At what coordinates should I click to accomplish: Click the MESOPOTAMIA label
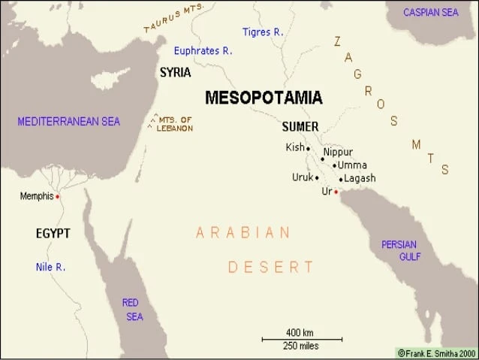(264, 98)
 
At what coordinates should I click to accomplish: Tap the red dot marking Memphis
(58, 197)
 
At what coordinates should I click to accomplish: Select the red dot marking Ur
(336, 192)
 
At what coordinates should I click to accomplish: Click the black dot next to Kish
(308, 149)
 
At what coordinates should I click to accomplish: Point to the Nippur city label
(338, 152)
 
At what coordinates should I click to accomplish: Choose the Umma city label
(351, 165)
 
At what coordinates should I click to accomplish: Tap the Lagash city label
(360, 178)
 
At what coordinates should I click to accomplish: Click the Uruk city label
(302, 177)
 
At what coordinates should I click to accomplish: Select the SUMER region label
(300, 126)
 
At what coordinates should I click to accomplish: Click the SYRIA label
(175, 73)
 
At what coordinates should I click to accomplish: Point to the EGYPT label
(53, 234)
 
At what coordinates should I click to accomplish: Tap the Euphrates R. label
(203, 51)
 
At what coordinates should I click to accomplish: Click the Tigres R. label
(263, 32)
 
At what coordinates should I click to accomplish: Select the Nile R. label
(50, 267)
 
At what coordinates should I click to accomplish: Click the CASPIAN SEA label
(430, 12)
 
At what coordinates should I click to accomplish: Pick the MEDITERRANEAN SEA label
(68, 121)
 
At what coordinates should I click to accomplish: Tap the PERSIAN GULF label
(400, 250)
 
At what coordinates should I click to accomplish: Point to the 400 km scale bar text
(300, 332)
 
